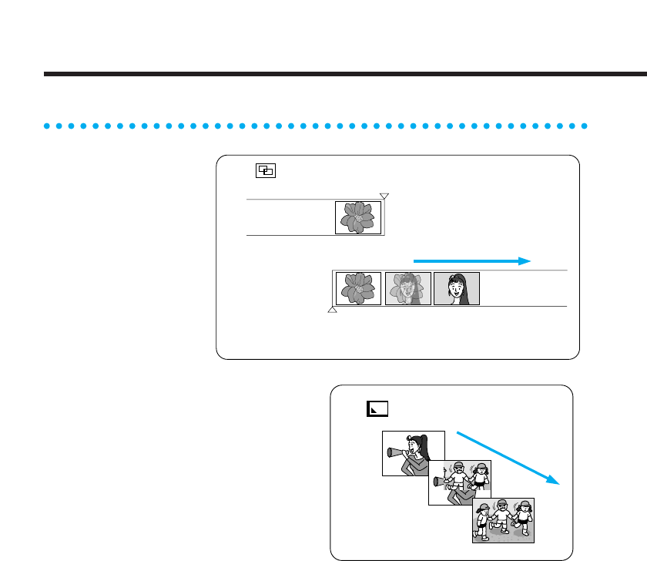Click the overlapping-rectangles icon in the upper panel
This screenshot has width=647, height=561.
click(x=266, y=171)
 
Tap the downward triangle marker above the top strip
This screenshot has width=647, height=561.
click(x=384, y=197)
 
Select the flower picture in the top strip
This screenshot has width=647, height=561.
click(x=358, y=218)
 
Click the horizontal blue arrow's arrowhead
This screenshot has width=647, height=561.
click(x=525, y=261)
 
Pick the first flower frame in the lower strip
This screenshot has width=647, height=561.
click(x=358, y=288)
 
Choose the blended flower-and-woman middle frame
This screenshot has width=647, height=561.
click(x=407, y=288)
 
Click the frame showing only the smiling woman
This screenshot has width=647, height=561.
click(x=457, y=288)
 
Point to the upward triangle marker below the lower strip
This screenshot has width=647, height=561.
click(x=333, y=310)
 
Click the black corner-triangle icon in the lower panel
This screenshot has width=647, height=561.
click(x=377, y=408)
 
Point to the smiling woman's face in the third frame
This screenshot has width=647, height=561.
click(x=456, y=287)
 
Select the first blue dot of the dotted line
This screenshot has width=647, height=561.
click(x=46, y=125)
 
